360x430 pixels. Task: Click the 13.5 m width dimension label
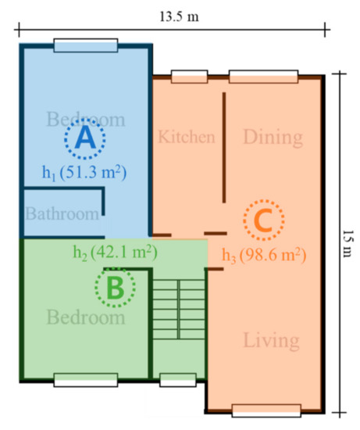(179, 16)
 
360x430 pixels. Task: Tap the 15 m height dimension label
(348, 243)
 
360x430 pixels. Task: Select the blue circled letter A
(85, 138)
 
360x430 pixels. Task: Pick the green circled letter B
(115, 287)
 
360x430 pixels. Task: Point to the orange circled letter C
(264, 220)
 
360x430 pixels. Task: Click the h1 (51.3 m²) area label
(84, 173)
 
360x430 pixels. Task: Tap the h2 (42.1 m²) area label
(116, 253)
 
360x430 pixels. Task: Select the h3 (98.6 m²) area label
(264, 256)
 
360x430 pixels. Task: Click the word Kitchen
(187, 137)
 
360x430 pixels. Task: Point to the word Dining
(273, 138)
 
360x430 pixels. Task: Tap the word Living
(271, 341)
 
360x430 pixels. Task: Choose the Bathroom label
(62, 213)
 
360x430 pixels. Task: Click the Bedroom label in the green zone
(86, 317)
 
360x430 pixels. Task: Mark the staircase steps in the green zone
(179, 310)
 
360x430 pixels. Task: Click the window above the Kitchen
(189, 77)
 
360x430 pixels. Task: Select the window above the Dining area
(264, 77)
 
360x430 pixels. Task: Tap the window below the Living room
(266, 410)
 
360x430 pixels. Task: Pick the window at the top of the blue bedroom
(86, 45)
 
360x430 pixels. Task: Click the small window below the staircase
(178, 380)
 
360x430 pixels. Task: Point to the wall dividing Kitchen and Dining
(224, 148)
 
